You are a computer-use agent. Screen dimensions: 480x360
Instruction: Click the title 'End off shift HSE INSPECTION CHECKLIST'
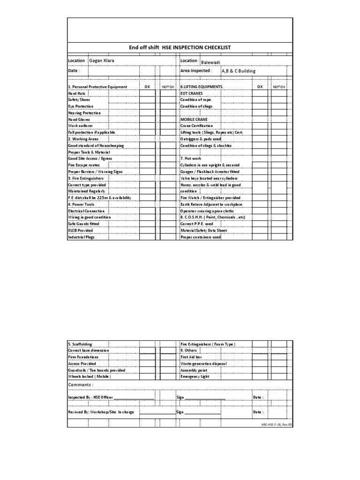tap(180, 48)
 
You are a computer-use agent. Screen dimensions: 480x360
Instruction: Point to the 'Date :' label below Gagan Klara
tap(74, 71)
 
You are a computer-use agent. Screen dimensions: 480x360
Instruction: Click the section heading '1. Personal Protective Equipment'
tap(97, 87)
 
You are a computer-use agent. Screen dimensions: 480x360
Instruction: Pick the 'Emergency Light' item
tap(195, 376)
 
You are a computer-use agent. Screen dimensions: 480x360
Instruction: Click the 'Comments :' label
tap(81, 385)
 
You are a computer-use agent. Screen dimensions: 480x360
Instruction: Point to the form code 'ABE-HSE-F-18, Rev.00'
tap(277, 425)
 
